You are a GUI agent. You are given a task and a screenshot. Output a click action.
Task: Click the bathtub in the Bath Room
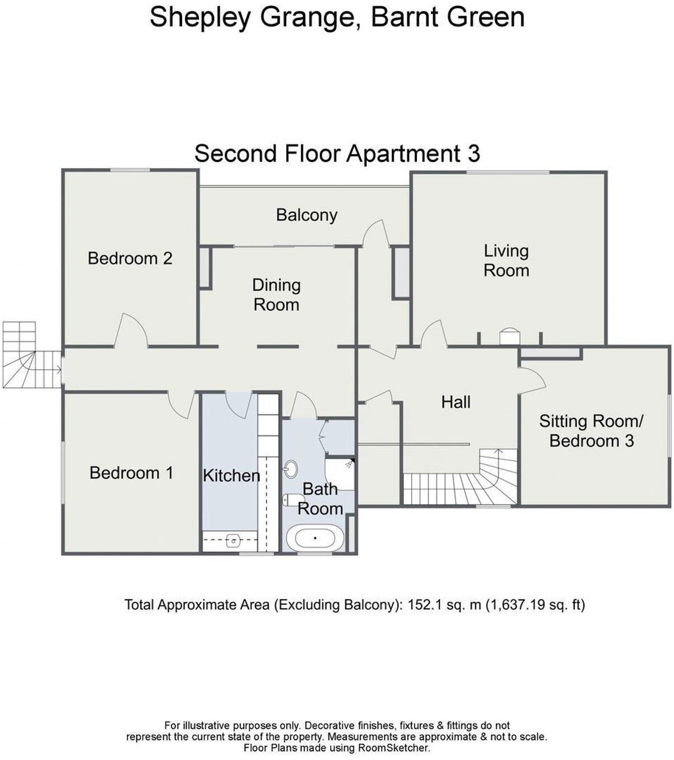[x=315, y=539]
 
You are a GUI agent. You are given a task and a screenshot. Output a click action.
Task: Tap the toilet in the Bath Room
[x=291, y=500]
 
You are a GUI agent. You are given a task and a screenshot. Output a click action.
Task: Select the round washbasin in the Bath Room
[x=291, y=469]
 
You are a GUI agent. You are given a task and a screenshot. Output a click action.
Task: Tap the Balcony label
[x=306, y=215]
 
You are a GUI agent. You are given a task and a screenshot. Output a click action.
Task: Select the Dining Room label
[x=276, y=294]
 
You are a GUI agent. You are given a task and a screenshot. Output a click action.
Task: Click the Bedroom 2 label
[x=130, y=258]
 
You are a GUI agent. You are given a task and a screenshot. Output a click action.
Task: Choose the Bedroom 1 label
[x=131, y=473]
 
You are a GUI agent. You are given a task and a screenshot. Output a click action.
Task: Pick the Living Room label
[x=506, y=260]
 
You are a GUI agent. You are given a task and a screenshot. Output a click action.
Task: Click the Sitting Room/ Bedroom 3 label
[x=591, y=431]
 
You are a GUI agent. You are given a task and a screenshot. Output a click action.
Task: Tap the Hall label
[x=455, y=402]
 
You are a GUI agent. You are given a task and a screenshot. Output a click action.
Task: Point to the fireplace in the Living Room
[x=509, y=336]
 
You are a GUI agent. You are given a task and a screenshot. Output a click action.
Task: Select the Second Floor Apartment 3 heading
[x=337, y=154]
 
